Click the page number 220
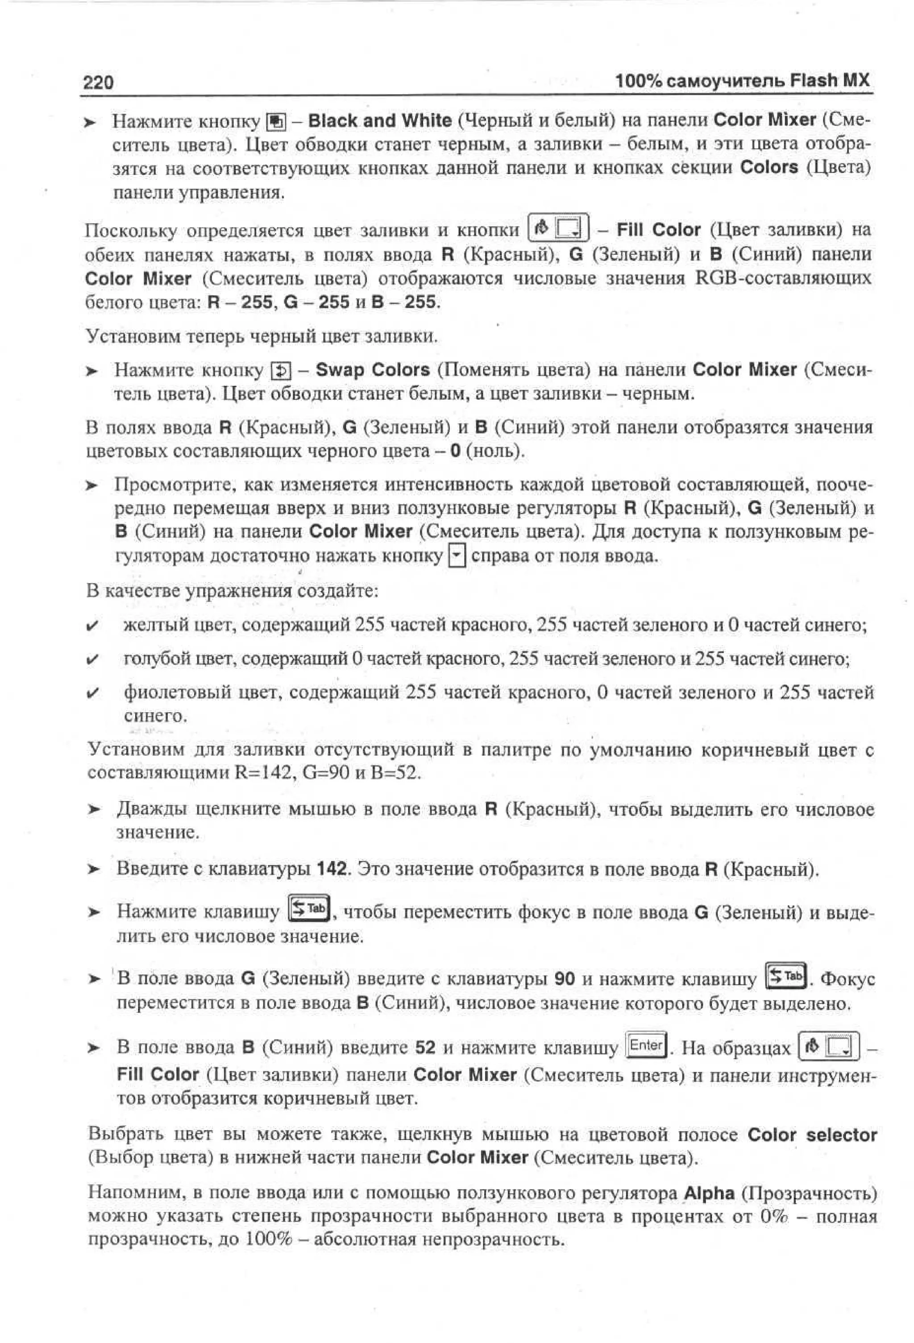coord(98,83)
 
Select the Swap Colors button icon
coord(281,370)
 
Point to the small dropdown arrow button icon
coord(457,556)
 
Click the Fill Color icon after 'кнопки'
coord(558,228)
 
